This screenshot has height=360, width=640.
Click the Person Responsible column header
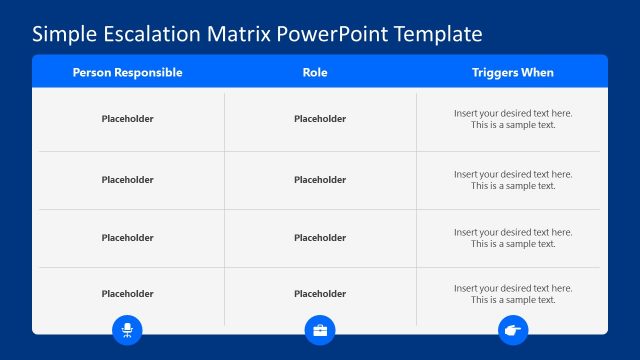(127, 73)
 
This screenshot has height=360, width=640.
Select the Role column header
(315, 73)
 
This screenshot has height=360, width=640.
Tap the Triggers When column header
(512, 73)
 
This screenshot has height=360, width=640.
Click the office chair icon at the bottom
(128, 329)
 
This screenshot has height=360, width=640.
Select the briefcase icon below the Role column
(320, 329)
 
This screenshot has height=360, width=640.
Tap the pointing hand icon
(513, 329)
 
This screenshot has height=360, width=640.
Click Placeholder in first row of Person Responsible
(127, 119)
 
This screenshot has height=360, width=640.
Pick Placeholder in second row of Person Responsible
(127, 180)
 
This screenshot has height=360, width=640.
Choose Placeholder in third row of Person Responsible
(127, 238)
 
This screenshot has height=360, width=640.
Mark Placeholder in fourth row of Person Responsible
(127, 294)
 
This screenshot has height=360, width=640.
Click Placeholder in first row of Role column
(320, 119)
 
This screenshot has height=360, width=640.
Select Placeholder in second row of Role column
(320, 180)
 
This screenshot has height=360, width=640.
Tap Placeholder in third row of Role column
(320, 238)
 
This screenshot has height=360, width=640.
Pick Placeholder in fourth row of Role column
(320, 294)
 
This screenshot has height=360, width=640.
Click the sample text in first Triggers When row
(513, 119)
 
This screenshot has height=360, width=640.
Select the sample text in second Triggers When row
(513, 180)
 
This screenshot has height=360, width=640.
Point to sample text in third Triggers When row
(513, 238)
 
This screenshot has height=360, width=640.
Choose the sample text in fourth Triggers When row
(513, 294)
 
